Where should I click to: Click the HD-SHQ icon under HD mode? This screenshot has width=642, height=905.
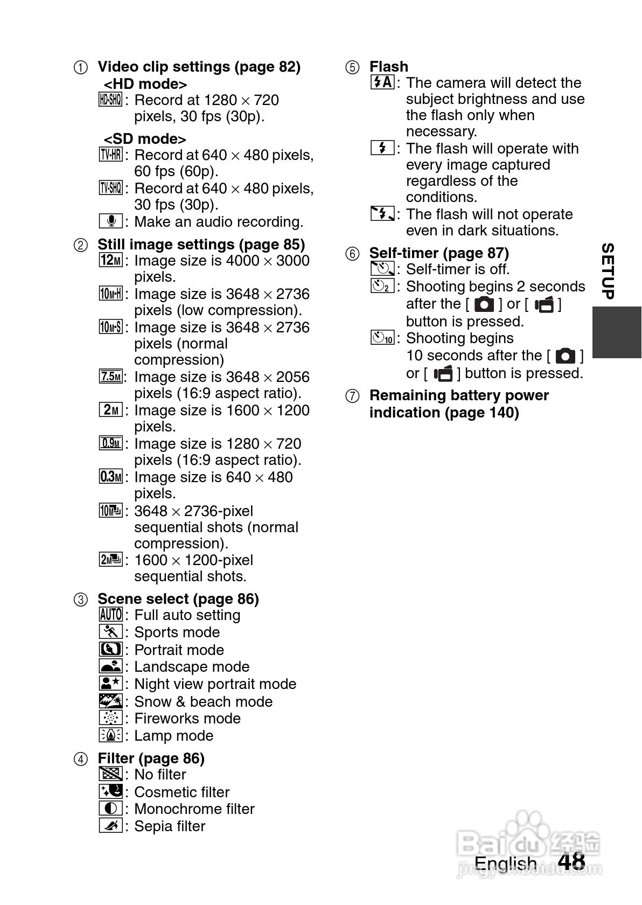110,100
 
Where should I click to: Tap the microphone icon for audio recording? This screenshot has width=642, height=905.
111,221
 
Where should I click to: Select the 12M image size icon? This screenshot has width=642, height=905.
110,260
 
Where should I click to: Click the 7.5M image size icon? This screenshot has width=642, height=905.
110,377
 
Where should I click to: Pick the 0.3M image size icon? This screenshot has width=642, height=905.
110,477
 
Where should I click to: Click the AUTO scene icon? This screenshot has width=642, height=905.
110,615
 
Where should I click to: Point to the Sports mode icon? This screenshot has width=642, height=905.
110,632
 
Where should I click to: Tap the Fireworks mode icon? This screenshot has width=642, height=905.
110,718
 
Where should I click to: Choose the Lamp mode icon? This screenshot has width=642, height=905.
110,735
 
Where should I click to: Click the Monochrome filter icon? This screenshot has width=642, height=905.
110,809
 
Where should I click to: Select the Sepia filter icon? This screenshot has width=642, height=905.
110,826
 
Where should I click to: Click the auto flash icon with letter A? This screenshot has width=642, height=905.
382,82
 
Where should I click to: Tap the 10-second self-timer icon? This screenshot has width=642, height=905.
382,338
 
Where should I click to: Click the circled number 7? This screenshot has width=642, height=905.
352,396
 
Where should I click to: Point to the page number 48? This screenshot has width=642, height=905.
571,861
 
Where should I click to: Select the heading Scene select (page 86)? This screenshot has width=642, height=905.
178,599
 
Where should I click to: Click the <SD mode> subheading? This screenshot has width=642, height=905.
145,139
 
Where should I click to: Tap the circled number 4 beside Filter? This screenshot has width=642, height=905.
80,759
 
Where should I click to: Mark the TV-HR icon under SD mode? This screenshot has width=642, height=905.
110,155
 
